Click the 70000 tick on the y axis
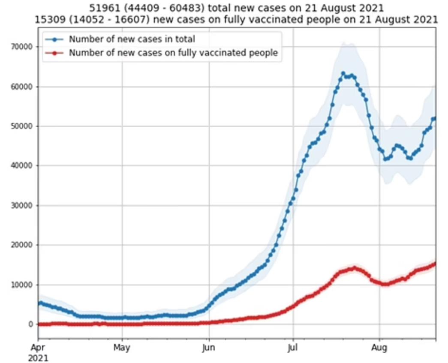18,47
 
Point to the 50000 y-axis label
18,126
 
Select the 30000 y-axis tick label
18,205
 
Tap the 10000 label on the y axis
18,285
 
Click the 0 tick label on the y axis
31,324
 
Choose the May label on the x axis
122,348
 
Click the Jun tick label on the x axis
209,348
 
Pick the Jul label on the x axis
293,348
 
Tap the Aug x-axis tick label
379,348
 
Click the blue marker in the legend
55,39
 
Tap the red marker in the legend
55,53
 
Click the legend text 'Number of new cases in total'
132,39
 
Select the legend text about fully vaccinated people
173,53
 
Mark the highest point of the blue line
343,74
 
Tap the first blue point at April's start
39,303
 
